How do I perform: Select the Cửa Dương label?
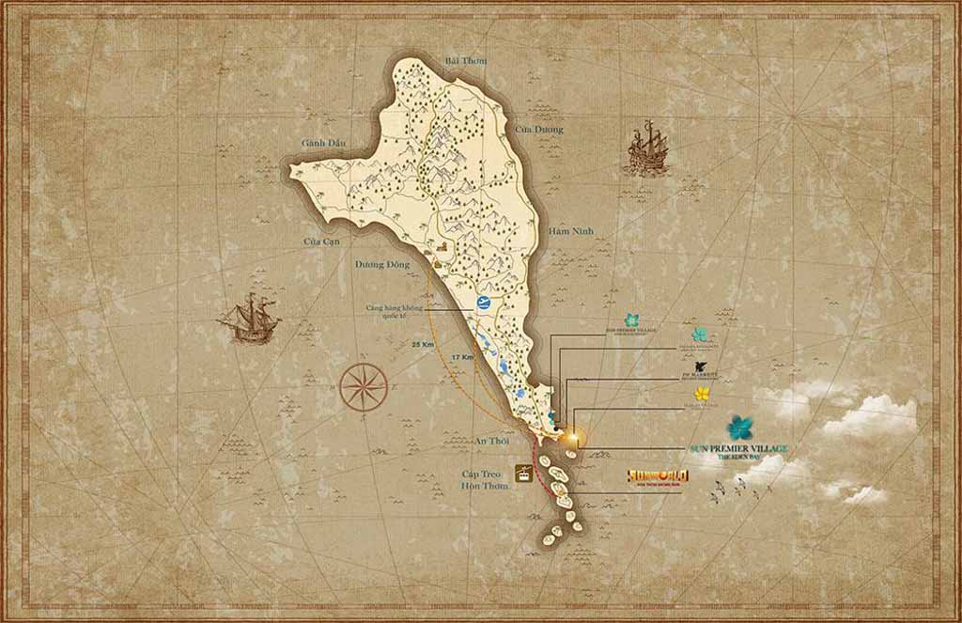(539, 129)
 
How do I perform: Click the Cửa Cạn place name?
(319, 241)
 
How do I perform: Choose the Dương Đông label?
(381, 265)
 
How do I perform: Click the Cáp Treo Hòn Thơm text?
(484, 479)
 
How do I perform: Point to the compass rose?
(365, 385)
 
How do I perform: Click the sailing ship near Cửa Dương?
(647, 149)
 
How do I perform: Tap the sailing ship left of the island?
(250, 317)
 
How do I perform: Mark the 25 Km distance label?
(423, 345)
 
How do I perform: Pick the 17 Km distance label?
(461, 358)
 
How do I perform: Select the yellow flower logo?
(702, 393)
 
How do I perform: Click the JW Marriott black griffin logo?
(700, 365)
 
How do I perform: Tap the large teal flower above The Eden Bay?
(740, 427)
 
